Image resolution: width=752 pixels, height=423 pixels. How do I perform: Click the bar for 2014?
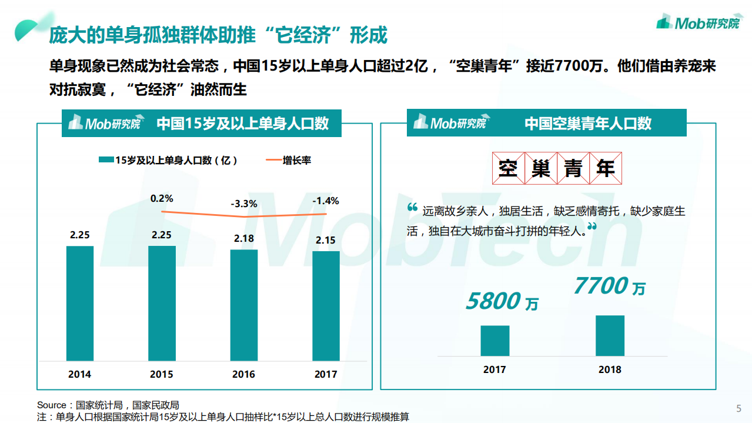(80, 303)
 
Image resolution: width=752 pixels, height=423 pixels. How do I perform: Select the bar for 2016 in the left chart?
(243, 305)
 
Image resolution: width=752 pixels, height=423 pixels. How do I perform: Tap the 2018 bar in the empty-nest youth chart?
(610, 336)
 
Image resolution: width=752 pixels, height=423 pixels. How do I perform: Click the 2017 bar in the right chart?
(494, 341)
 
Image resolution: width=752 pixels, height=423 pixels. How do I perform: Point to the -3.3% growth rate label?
(243, 204)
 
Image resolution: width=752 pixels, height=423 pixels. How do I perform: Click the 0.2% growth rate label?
(162, 198)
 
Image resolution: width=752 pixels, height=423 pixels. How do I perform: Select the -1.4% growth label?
(326, 201)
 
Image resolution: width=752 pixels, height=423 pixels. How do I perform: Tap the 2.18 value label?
(243, 238)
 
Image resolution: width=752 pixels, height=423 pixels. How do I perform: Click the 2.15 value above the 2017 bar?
(326, 240)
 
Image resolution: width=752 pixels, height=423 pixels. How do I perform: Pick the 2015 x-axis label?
(162, 374)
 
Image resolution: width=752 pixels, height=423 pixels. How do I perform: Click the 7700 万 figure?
(609, 287)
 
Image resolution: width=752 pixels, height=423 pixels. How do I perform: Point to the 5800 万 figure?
(502, 302)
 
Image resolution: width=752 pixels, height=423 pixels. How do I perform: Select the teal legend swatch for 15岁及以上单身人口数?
(105, 160)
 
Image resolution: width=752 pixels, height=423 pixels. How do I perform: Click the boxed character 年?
(605, 169)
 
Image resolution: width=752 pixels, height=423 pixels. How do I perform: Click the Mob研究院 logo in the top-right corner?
(698, 23)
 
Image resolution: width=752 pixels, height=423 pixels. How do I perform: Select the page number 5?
(738, 409)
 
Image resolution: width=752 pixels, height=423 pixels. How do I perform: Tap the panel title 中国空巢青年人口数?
(588, 124)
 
